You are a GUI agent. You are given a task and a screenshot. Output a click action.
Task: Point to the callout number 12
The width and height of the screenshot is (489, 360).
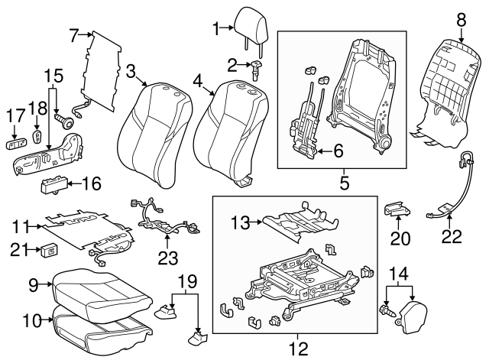click(x=299, y=349)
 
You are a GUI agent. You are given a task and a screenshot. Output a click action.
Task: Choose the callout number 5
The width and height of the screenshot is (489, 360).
click(x=342, y=183)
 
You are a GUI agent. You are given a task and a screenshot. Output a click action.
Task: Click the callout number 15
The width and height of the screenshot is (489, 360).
click(x=52, y=76)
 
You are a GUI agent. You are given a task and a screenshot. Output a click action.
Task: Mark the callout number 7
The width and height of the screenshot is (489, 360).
click(x=74, y=34)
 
